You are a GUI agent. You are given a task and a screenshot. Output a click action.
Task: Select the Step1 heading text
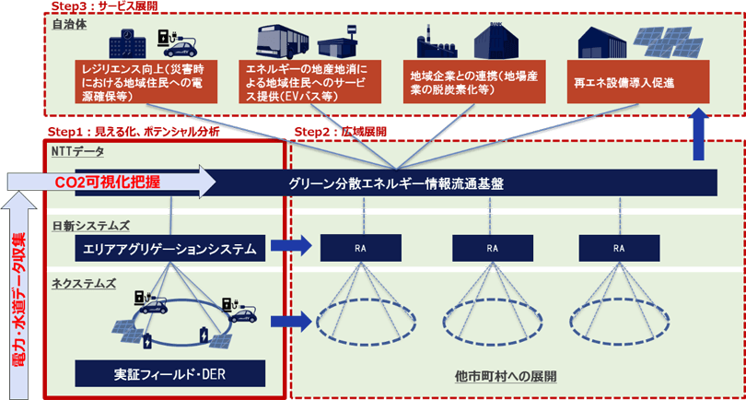click(x=133, y=132)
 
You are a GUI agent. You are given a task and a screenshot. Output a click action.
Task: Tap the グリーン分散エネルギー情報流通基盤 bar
click(x=397, y=182)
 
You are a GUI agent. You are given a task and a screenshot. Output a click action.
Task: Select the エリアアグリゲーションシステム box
click(x=170, y=247)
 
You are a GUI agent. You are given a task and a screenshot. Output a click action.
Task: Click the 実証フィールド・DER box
click(x=170, y=373)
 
